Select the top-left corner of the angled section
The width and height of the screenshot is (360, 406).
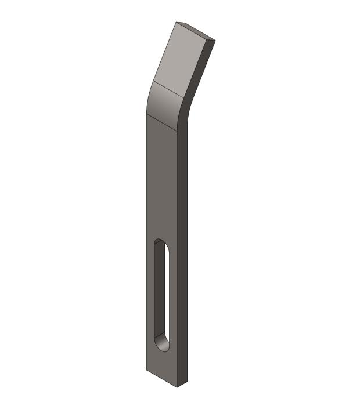[x=177, y=23]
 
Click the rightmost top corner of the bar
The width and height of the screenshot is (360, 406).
[x=215, y=41]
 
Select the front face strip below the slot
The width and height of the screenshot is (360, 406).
[x=162, y=365]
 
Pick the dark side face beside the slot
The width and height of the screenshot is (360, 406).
[x=182, y=290]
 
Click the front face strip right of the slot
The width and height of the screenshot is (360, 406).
[x=173, y=296]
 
